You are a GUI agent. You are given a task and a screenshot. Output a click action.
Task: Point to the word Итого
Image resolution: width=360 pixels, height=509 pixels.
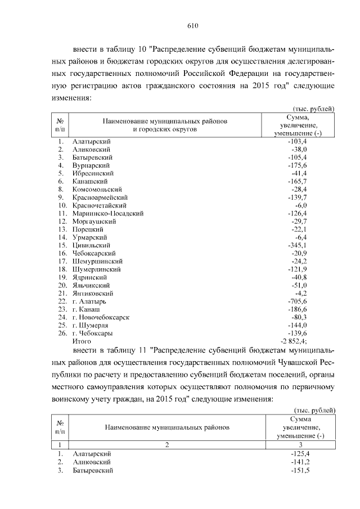coord(82,341)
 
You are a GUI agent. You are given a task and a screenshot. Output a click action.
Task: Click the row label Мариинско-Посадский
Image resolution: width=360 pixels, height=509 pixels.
coord(108,214)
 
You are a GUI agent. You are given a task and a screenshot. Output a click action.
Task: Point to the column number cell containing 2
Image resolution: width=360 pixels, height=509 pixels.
coord(167,444)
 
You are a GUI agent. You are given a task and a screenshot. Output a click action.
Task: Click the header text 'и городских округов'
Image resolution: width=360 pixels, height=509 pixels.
coord(164,129)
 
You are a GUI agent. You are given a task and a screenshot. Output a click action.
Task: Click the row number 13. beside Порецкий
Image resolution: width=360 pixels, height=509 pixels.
coord(62,229)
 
